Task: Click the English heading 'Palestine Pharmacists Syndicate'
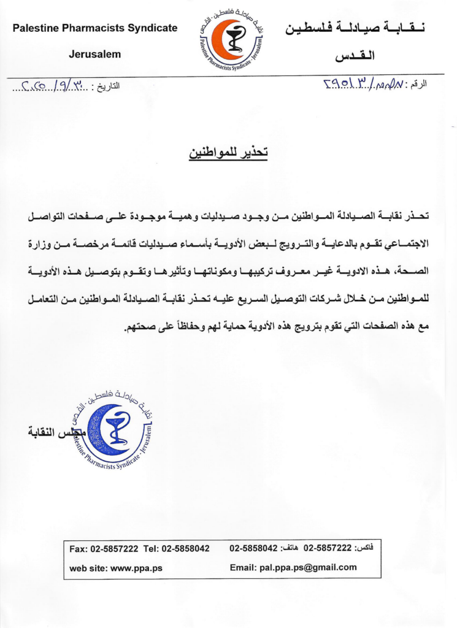coord(95,28)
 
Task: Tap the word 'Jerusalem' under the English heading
coord(95,54)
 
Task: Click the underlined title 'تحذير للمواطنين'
coord(228,153)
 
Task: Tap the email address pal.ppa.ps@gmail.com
coord(293,567)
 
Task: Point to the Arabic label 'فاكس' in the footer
coord(365,546)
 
